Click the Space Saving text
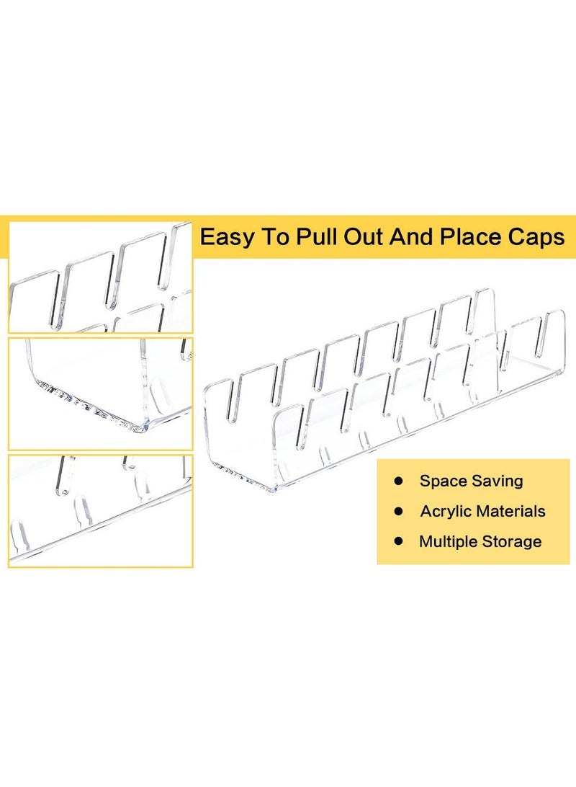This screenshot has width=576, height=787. [x=472, y=481]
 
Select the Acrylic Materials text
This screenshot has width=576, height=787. [x=482, y=512]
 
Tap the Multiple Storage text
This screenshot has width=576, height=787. [x=480, y=541]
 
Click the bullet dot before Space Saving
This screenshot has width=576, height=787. [x=398, y=481]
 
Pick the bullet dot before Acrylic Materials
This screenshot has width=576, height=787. [x=398, y=512]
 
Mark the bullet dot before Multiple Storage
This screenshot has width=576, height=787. [x=398, y=541]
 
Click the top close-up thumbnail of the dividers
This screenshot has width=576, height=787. [x=100, y=277]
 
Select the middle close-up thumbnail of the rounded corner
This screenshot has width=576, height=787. [x=100, y=393]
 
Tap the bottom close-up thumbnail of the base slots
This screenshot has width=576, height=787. [x=100, y=510]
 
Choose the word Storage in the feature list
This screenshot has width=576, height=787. [x=512, y=541]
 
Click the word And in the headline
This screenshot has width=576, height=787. [x=411, y=237]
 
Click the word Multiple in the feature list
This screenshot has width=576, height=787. [x=448, y=541]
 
